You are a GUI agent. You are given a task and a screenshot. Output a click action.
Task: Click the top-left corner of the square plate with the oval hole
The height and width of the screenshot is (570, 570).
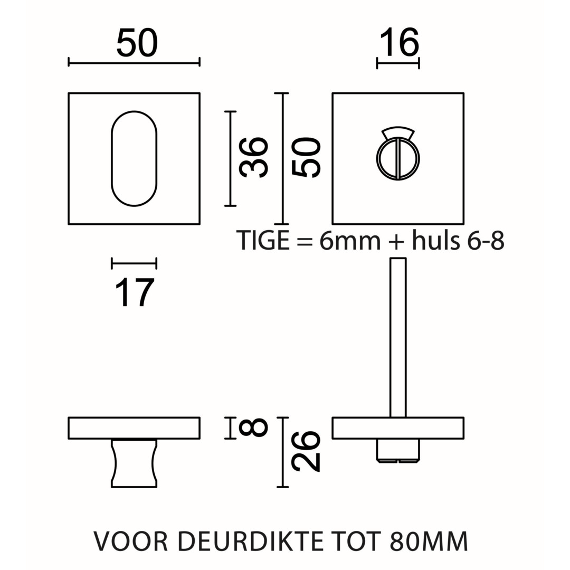(x=69, y=93)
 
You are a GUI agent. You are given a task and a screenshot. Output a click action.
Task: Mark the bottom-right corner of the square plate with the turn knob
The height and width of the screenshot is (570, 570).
(x=463, y=224)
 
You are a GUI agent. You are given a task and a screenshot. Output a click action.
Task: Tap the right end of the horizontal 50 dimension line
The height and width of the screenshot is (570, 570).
(x=199, y=62)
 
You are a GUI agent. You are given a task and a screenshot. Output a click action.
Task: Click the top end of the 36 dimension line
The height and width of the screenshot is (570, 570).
(x=230, y=111)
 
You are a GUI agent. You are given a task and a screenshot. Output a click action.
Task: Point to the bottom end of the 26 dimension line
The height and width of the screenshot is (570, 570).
(x=282, y=487)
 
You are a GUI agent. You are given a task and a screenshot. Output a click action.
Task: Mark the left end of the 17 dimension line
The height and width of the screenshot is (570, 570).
(x=111, y=263)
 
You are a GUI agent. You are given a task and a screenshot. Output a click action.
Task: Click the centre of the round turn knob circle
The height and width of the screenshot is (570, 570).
(x=398, y=159)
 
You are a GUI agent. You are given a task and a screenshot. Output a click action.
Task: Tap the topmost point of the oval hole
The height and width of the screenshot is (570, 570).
(x=134, y=111)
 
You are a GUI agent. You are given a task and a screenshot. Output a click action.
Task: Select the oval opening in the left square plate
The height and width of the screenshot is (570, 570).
(x=134, y=158)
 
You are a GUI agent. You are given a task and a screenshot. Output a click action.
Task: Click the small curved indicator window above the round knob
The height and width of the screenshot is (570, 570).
(x=398, y=132)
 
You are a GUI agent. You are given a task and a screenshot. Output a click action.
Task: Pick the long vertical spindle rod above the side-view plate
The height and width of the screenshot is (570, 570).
(x=398, y=338)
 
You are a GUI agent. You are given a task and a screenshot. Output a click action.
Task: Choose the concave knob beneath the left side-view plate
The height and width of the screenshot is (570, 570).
(x=134, y=463)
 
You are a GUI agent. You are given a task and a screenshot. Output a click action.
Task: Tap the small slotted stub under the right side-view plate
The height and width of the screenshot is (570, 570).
(x=398, y=451)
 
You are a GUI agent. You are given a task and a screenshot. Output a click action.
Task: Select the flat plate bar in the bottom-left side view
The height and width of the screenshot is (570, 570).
(x=134, y=428)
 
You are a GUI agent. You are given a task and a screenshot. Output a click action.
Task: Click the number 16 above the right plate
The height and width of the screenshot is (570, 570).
(x=399, y=43)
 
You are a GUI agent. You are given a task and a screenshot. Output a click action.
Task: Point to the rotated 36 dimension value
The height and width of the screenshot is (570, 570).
(x=254, y=157)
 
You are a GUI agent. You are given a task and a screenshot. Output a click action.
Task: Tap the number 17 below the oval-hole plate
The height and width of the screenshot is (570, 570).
(x=134, y=292)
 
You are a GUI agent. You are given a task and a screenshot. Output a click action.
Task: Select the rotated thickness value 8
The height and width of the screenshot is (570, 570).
(x=253, y=427)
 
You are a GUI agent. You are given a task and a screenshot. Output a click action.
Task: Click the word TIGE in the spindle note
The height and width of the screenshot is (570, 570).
(x=263, y=240)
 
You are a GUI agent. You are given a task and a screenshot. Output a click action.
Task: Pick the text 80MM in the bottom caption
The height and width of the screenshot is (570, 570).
(x=429, y=541)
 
